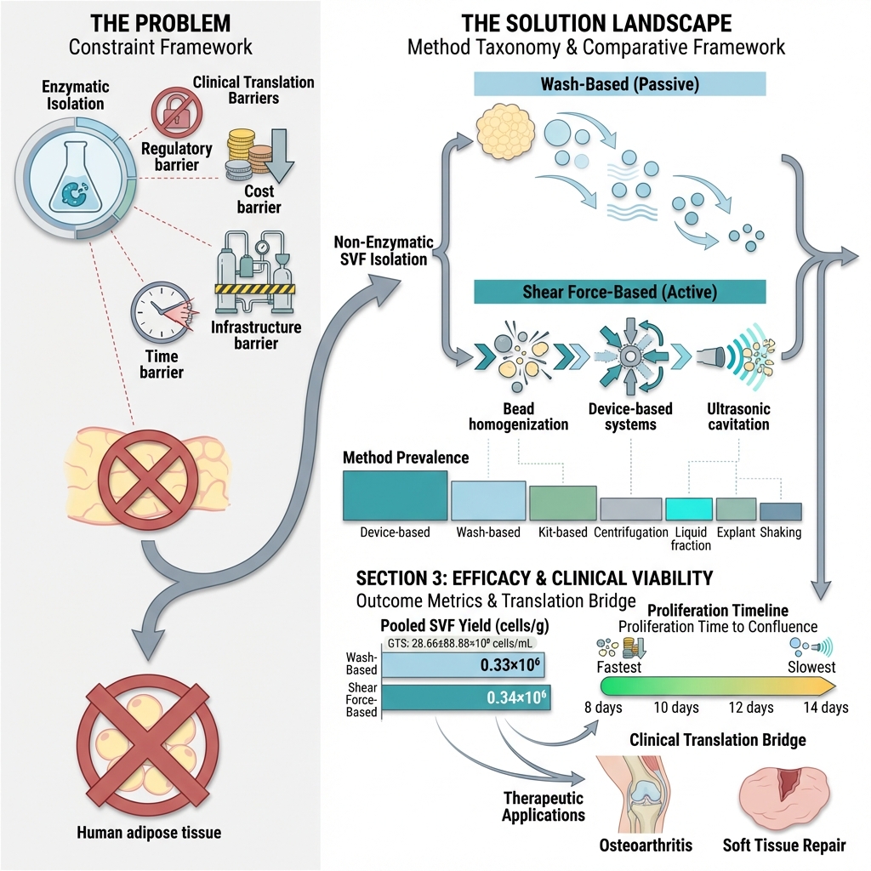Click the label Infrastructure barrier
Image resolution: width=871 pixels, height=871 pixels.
point(256,335)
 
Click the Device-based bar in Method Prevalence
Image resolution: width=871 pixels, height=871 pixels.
point(395,495)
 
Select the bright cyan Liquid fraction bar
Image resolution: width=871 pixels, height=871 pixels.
point(689,509)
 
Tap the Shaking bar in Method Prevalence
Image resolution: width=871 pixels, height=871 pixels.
point(780,511)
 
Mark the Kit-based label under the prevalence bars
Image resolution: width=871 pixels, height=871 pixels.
point(563,533)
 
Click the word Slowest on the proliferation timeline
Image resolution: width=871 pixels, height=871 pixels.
point(811,668)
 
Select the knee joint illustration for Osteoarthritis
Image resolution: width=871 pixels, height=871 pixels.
point(640,795)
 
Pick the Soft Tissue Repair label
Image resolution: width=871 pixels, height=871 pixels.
point(784,845)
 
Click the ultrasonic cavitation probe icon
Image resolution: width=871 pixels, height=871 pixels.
point(712,356)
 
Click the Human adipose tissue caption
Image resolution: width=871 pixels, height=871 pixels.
point(149,832)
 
